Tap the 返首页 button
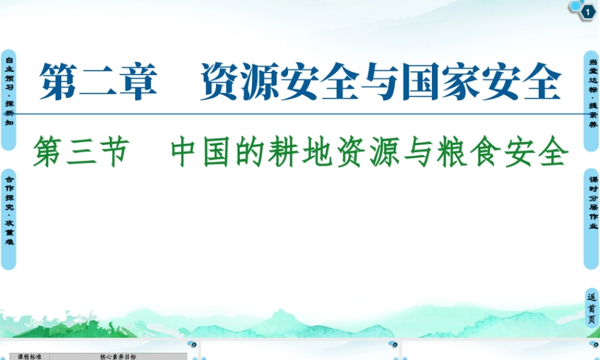click(592, 308)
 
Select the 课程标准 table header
click(29, 356)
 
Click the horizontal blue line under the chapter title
click(300, 112)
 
